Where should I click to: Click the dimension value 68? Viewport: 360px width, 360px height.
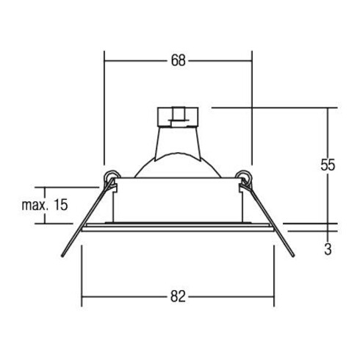(178, 62)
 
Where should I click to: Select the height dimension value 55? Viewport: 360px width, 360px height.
(327, 165)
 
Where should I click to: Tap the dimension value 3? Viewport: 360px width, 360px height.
(327, 249)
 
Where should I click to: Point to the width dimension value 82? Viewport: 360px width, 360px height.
(178, 297)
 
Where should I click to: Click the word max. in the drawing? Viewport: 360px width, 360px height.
(35, 205)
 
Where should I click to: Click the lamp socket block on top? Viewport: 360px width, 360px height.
(177, 116)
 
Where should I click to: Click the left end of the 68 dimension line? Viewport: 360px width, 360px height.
(105, 62)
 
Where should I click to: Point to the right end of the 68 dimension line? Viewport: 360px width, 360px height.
(252, 62)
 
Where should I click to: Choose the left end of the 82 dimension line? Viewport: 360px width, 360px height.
(82, 297)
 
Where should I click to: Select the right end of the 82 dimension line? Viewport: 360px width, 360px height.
(275, 297)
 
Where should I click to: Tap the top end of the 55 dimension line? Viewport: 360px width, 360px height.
(327, 109)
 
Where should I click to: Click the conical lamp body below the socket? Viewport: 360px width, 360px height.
(177, 151)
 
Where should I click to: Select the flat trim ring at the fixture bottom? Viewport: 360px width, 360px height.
(178, 227)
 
